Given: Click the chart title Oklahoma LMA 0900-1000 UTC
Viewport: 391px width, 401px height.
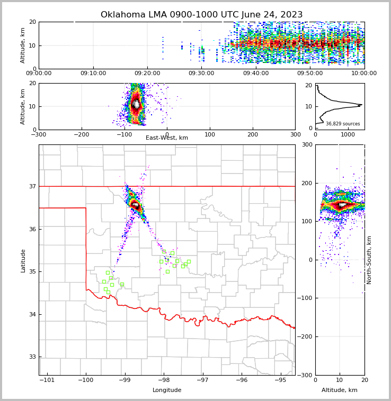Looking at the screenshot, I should [x=201, y=15].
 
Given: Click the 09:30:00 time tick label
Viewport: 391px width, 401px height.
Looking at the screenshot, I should [x=202, y=74].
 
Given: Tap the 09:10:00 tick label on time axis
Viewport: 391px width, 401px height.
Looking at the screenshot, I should [x=93, y=74].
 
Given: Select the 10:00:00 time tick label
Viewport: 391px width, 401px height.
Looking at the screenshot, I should [x=364, y=74].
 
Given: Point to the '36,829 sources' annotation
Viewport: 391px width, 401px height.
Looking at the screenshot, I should [x=343, y=124].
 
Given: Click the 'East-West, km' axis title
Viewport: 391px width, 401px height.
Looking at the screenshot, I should [x=167, y=138].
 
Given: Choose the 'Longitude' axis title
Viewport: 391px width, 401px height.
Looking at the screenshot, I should [x=167, y=390].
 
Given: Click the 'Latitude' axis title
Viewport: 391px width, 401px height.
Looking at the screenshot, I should [x=23, y=260].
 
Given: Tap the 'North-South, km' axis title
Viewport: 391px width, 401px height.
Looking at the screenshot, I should [x=369, y=260].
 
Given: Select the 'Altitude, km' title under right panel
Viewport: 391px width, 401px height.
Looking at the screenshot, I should [x=340, y=390].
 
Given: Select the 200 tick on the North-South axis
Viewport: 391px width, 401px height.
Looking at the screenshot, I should [x=307, y=183].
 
